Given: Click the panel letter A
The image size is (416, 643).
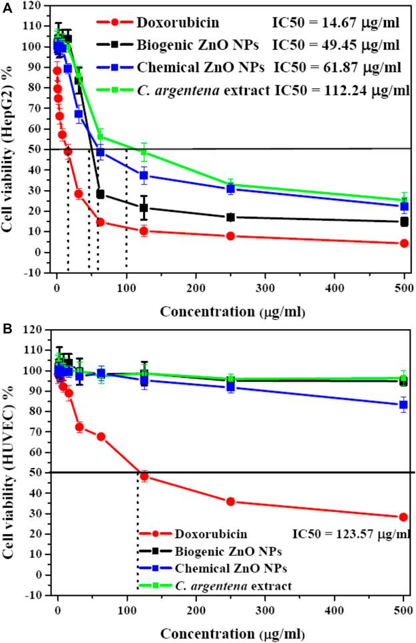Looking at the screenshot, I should click(6, 7).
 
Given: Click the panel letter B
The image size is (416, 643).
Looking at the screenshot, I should click(6, 328).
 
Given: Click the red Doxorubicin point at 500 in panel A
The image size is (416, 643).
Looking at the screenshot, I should click(403, 243).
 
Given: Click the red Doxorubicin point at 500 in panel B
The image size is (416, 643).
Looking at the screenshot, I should click(403, 517).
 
